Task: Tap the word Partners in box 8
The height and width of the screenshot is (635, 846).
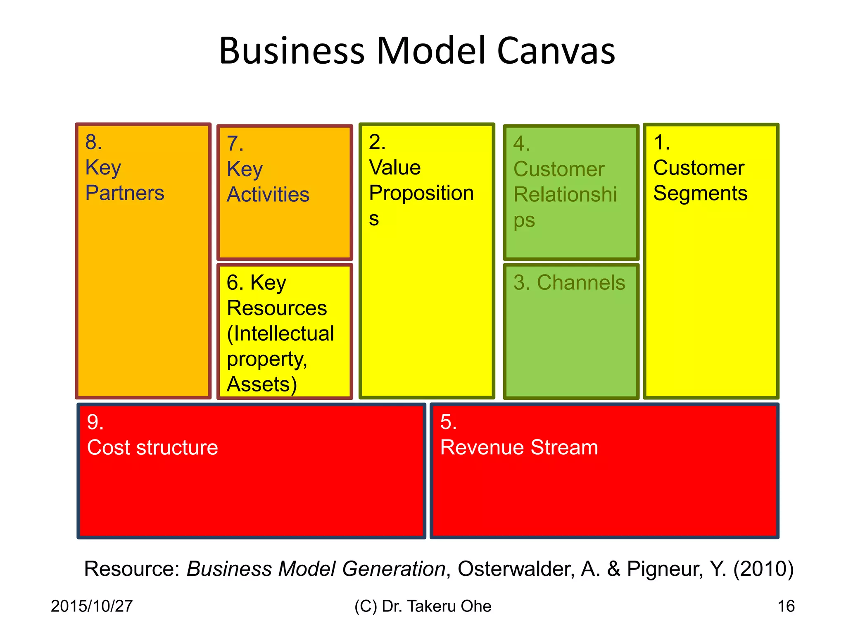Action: [125, 193]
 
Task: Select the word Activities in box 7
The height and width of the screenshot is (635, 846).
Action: [268, 194]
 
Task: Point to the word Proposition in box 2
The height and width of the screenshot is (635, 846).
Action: [421, 193]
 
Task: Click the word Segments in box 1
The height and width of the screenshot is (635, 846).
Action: [700, 193]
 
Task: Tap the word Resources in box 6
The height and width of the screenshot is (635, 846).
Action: [277, 308]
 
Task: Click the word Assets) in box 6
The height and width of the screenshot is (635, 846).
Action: [262, 384]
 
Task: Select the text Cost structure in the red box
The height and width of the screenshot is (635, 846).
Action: [152, 447]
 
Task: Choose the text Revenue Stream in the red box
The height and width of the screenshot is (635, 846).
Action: [519, 447]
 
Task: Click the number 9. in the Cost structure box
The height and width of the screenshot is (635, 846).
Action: [95, 422]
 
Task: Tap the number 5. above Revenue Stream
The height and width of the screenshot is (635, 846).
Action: [448, 422]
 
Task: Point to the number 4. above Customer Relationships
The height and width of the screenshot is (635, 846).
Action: [521, 143]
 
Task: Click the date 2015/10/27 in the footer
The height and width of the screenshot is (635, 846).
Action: [92, 606]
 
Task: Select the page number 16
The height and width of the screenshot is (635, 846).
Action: [786, 606]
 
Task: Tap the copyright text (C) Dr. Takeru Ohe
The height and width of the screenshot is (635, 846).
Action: [423, 606]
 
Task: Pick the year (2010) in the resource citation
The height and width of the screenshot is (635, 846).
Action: [763, 569]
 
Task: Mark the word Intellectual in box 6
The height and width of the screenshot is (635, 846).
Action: [281, 334]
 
